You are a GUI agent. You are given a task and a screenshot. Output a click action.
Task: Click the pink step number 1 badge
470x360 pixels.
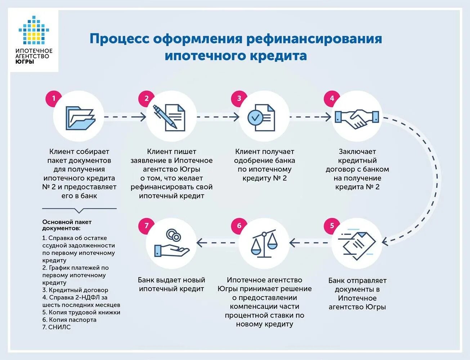(54, 99)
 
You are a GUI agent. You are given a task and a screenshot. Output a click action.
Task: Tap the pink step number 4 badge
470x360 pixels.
(332, 98)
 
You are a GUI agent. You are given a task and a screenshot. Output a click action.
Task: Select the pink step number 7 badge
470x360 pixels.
(147, 226)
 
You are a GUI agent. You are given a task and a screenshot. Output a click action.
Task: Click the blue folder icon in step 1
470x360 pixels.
(80, 118)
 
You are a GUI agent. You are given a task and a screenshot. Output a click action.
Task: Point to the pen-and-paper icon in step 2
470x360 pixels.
(170, 117)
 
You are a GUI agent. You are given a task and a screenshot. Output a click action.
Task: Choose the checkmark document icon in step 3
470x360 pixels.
(262, 117)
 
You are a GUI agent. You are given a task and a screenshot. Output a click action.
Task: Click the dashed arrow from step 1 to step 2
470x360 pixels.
(125, 117)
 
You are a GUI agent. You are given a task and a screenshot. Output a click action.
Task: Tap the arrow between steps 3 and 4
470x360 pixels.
(310, 117)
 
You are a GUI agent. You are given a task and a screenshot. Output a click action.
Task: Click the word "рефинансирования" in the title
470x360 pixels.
(314, 39)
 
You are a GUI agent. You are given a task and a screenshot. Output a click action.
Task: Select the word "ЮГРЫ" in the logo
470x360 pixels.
(25, 62)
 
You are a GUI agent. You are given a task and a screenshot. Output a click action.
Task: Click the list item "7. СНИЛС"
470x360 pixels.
(57, 327)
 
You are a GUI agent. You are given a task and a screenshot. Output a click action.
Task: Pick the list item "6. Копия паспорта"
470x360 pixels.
(70, 320)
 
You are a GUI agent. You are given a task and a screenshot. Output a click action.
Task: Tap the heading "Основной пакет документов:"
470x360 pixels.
(67, 225)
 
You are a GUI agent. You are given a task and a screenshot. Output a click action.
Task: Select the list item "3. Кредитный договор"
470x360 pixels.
(75, 290)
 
